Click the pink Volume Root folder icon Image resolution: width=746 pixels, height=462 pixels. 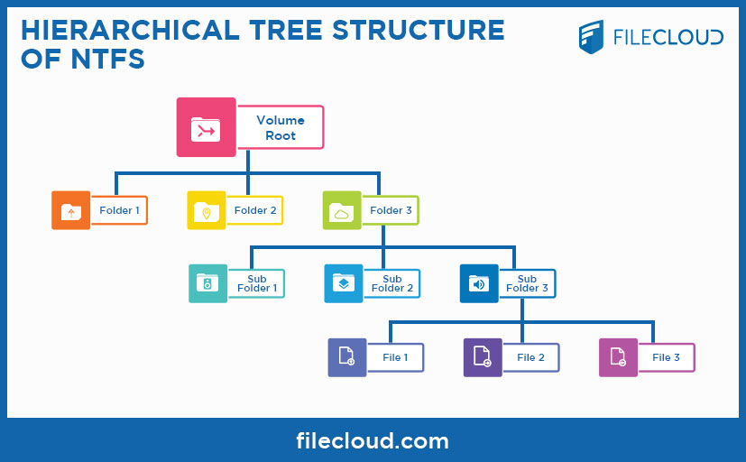(x=206, y=127)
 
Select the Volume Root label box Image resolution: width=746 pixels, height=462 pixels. (x=280, y=127)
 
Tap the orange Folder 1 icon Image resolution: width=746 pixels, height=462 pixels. (x=70, y=210)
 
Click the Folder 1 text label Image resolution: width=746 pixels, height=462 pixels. (x=119, y=210)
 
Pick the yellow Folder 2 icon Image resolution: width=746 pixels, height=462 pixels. (x=206, y=210)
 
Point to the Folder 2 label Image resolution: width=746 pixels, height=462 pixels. (x=255, y=210)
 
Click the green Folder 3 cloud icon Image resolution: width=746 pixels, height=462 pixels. (x=342, y=210)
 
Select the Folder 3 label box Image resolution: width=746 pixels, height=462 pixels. (x=391, y=210)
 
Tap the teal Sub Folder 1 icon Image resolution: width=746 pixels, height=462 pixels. (x=207, y=283)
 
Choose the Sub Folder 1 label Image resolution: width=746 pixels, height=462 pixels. (x=257, y=283)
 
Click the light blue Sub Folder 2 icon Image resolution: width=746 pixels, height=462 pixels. (x=344, y=283)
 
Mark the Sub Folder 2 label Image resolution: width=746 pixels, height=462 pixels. (x=392, y=283)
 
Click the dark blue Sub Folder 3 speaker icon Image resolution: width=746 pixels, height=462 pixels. (x=479, y=283)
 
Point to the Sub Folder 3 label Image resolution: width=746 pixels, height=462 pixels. (x=528, y=283)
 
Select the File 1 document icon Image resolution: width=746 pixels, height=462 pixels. (x=346, y=357)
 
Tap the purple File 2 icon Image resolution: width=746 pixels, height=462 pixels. (x=483, y=357)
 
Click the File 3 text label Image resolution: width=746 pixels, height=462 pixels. (x=667, y=357)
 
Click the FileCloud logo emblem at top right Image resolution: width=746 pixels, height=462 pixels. (x=593, y=37)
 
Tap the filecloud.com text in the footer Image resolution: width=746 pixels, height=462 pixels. (x=373, y=441)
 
